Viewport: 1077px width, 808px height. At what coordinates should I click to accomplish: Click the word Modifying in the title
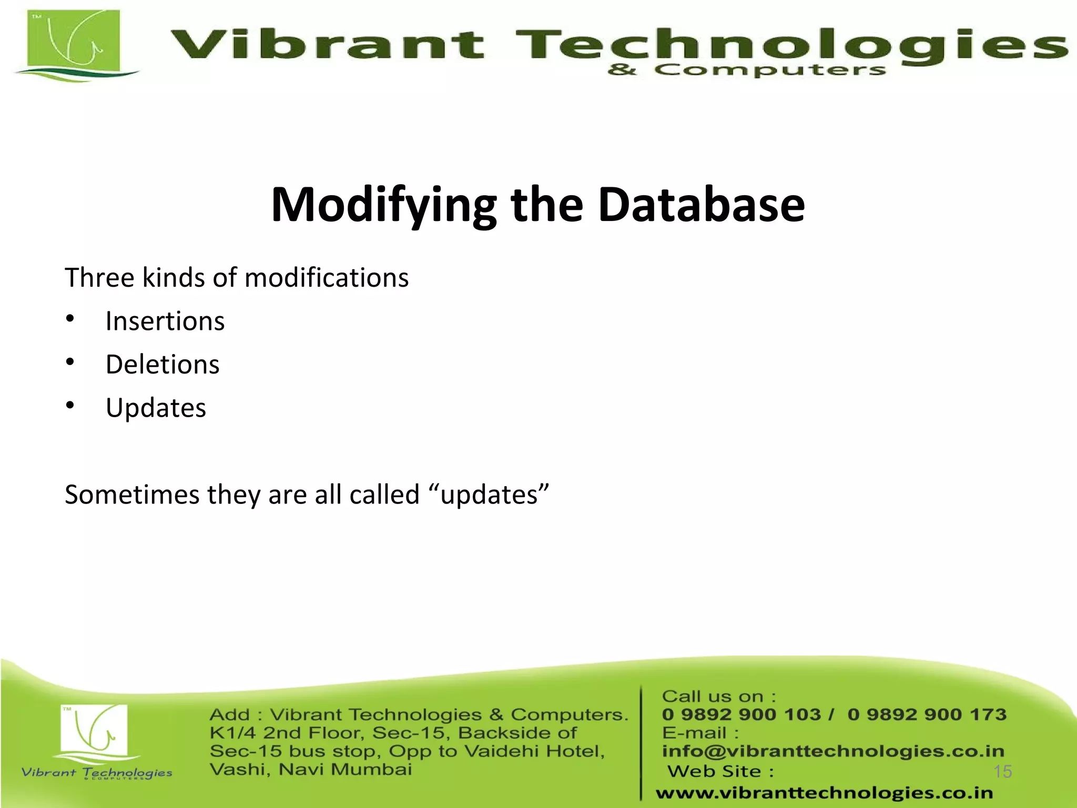(383, 205)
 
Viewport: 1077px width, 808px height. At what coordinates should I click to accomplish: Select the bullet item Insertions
(165, 321)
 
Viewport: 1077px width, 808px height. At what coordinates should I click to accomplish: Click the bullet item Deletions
(162, 365)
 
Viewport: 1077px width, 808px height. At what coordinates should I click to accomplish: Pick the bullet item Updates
(156, 408)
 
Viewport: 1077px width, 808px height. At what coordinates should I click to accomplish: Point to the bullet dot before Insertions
(70, 319)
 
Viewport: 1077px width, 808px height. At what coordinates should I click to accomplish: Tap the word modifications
(327, 278)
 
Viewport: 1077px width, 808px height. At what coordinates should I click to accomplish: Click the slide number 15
(1002, 772)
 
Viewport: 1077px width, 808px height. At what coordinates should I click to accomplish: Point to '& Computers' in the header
(746, 70)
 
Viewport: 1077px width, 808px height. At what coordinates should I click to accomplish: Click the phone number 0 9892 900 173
(927, 714)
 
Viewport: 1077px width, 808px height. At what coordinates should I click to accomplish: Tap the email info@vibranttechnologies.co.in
(833, 751)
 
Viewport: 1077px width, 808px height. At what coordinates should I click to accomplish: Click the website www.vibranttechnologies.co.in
(824, 793)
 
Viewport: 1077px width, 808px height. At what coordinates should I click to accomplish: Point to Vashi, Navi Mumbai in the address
(310, 770)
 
